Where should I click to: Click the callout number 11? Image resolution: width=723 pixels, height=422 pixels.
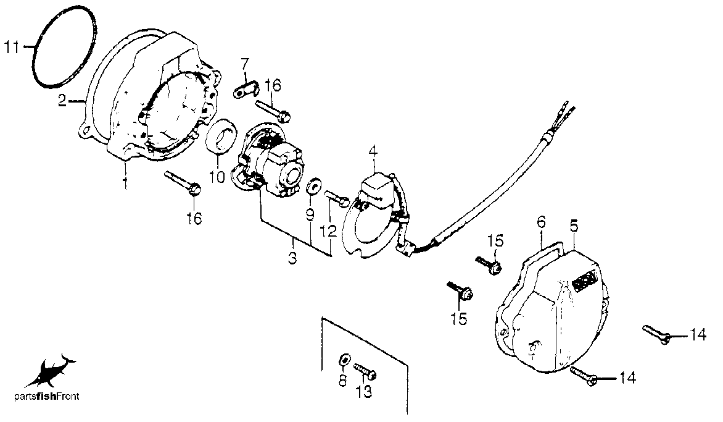coord(12,47)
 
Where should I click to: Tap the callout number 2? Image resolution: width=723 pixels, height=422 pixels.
coord(63,100)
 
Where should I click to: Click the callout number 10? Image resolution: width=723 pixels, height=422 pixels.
coord(217,176)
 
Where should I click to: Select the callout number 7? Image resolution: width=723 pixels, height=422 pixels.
coord(244,63)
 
